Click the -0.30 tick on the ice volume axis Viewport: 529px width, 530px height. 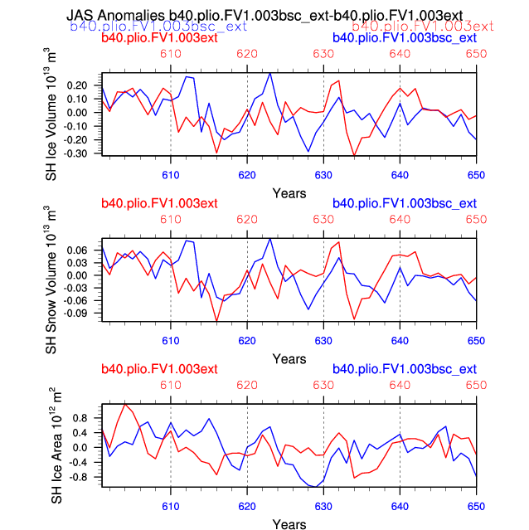pos(76,153)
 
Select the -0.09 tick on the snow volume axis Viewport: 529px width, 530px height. pos(76,314)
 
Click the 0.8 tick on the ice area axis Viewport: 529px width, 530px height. pos(81,417)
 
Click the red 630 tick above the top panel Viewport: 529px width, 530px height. pos(323,53)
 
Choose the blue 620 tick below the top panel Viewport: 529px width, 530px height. pos(247,175)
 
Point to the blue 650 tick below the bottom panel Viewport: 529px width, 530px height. pos(476,506)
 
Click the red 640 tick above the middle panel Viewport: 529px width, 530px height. pos(400,219)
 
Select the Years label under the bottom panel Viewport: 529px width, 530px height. pos(289,524)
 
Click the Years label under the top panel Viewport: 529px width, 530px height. pos(289,192)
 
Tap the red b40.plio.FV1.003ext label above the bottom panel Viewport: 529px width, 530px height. pos(159,369)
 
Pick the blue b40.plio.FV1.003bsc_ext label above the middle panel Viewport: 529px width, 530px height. pos(404,204)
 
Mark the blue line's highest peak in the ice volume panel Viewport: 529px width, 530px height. pos(270,73)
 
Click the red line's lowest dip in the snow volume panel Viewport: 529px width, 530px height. pos(217,321)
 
